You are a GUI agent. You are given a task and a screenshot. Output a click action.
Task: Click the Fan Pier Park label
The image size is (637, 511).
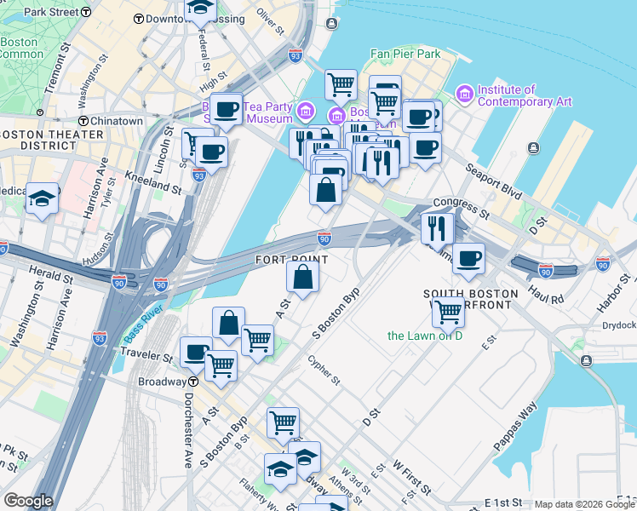(405, 54)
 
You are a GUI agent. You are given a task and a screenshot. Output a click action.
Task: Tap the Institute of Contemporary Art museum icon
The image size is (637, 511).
(465, 92)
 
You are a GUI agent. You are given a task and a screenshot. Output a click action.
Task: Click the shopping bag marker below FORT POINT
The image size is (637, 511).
(302, 277)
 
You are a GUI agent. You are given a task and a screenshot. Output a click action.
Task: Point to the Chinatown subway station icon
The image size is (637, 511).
(83, 122)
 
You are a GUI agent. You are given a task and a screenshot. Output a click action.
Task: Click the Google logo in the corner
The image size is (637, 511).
(28, 501)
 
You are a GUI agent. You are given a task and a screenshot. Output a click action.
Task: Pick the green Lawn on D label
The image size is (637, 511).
(424, 336)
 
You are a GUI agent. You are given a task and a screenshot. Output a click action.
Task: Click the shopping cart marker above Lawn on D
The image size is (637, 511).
(448, 312)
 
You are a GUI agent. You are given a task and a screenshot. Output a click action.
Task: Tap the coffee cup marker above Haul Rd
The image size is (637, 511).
(468, 259)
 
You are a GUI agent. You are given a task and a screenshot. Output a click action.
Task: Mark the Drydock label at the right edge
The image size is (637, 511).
(618, 325)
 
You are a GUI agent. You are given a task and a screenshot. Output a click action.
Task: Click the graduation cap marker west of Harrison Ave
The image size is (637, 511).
(42, 198)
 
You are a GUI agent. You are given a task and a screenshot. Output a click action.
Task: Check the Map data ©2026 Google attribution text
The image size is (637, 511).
(584, 504)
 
